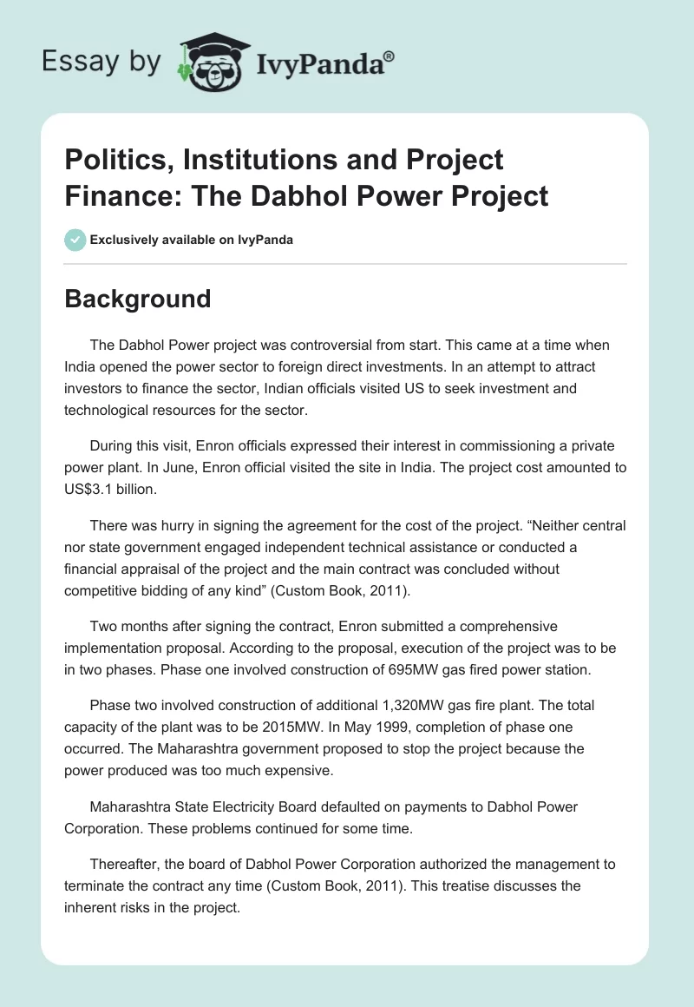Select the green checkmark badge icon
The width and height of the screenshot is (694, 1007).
75,239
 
